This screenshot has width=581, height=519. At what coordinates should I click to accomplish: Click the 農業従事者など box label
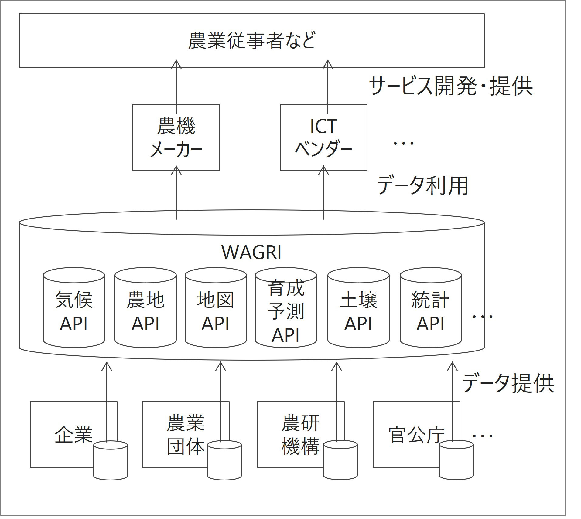(x=251, y=41)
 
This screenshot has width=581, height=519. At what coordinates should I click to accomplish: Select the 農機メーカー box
(x=176, y=137)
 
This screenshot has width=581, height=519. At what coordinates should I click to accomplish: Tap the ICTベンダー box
(x=323, y=137)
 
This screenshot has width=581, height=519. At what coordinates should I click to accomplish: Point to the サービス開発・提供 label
(x=451, y=86)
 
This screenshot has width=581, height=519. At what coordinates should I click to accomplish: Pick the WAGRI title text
(x=251, y=253)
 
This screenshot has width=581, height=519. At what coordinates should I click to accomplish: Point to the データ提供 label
(x=508, y=383)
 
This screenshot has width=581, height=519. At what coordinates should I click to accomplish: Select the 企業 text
(x=73, y=435)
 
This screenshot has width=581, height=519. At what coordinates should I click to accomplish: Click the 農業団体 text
(x=186, y=435)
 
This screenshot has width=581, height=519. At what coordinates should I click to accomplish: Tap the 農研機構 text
(x=300, y=435)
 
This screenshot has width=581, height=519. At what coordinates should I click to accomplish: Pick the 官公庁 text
(x=416, y=435)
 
